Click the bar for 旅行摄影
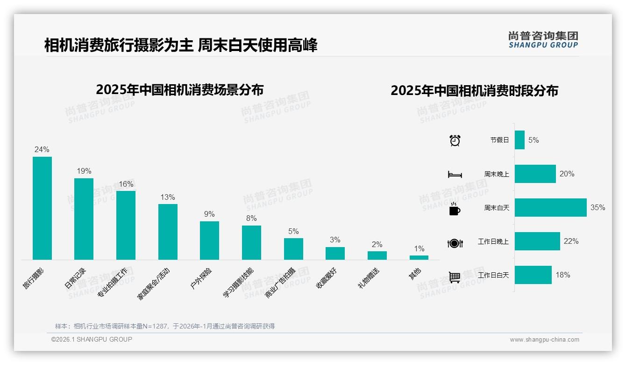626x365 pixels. tap(42, 208)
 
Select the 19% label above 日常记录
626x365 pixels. tap(84, 171)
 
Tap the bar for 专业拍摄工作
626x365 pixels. tap(126, 225)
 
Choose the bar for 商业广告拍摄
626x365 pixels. tap(293, 248)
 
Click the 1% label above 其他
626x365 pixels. tap(419, 249)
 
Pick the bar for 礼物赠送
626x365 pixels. tap(377, 255)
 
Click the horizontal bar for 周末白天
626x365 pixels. tap(550, 208)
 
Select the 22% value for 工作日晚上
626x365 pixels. tap(571, 241)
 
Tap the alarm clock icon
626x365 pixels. tap(455, 140)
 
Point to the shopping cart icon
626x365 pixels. tap(455, 277)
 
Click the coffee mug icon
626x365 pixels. tap(455, 209)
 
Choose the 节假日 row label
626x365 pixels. tap(499, 140)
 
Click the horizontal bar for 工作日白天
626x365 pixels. tap(533, 275)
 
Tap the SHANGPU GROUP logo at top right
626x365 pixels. tap(543, 40)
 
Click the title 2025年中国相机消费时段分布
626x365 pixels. tap(474, 91)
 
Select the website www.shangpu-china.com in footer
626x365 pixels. tap(544, 340)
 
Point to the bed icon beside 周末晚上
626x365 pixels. tap(455, 175)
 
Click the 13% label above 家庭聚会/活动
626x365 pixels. tap(168, 197)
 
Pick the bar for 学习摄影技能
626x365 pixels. tap(251, 242)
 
